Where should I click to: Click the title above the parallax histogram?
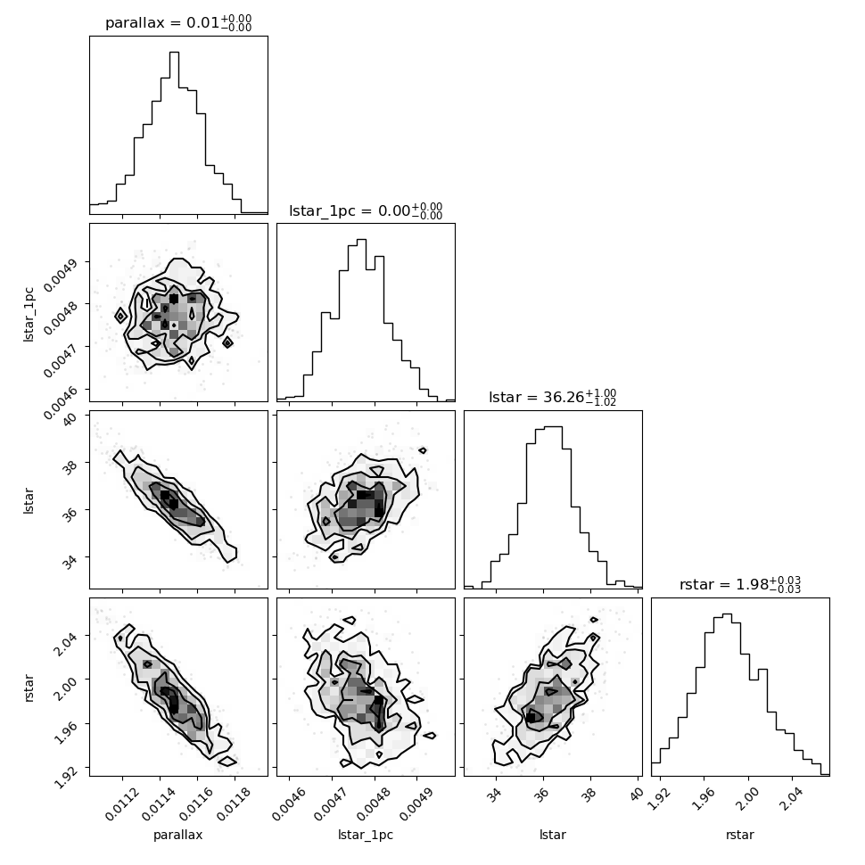click(178, 22)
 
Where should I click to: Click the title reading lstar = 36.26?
click(552, 397)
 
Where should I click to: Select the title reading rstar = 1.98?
click(740, 584)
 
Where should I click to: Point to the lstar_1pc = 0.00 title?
click(366, 210)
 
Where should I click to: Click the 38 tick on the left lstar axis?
click(70, 467)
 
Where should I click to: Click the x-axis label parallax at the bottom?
click(177, 835)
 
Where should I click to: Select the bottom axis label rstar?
click(740, 834)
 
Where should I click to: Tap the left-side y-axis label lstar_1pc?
click(29, 315)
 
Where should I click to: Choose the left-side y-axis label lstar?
click(29, 501)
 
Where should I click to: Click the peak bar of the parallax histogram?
click(174, 132)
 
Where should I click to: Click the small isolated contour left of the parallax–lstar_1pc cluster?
click(120, 316)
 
